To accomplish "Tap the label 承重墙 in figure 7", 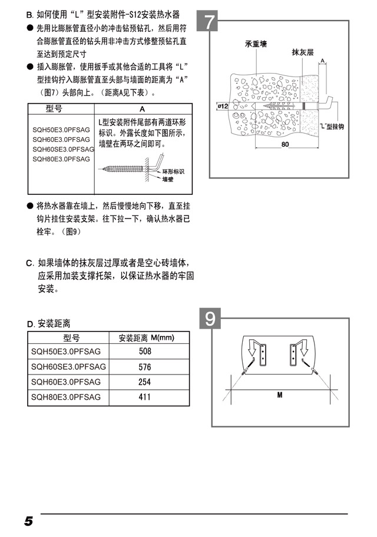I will [256, 44].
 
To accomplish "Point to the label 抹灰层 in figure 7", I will [303, 52].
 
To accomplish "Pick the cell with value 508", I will [145, 352].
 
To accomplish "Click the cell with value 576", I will [145, 367].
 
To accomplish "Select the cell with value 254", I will [145, 382].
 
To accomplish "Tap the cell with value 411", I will [145, 397].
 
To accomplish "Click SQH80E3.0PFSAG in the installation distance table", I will [66, 397].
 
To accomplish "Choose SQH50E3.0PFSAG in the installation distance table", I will [66, 352].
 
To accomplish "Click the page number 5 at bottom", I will [28, 521].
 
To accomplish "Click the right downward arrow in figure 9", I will [303, 349].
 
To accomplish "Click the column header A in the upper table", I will [142, 109].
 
